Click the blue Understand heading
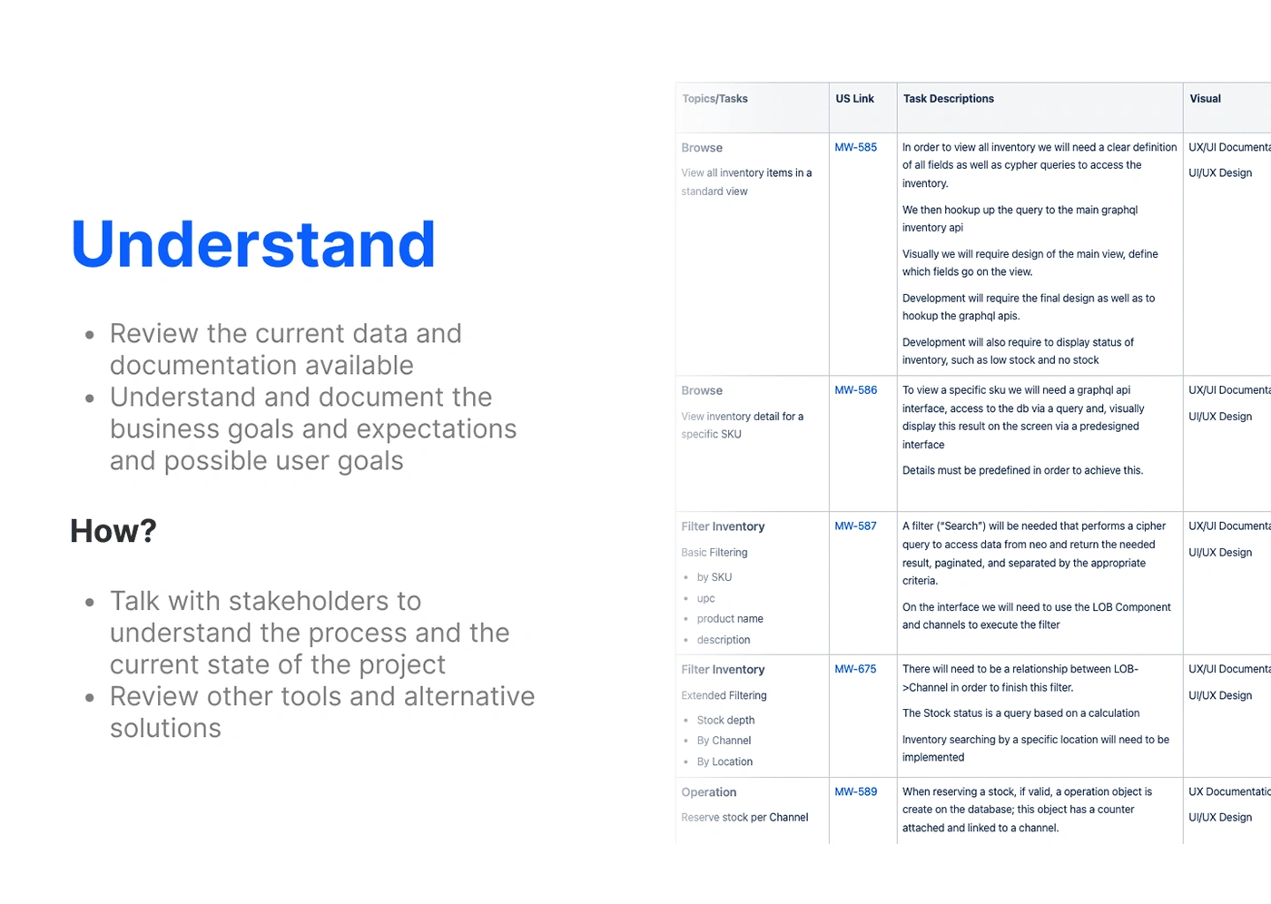pyautogui.click(x=253, y=244)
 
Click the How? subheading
pyautogui.click(x=113, y=531)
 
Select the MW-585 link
pyautogui.click(x=855, y=147)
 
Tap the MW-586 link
pyautogui.click(x=855, y=390)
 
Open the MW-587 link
pyautogui.click(x=855, y=526)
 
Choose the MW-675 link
pyautogui.click(x=855, y=669)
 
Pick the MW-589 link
pyautogui.click(x=855, y=791)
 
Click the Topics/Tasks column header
pyautogui.click(x=715, y=99)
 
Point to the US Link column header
pyautogui.click(x=854, y=99)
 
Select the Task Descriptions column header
pyautogui.click(x=948, y=99)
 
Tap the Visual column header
pyautogui.click(x=1206, y=99)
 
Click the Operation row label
pyautogui.click(x=709, y=792)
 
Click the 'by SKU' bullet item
pyautogui.click(x=714, y=577)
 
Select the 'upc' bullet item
pyautogui.click(x=706, y=599)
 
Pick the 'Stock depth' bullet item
pyautogui.click(x=725, y=721)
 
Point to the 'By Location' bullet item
pyautogui.click(x=724, y=762)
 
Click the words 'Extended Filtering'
pyautogui.click(x=724, y=696)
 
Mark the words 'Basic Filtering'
pyautogui.click(x=714, y=553)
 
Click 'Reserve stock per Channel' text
pyautogui.click(x=744, y=818)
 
